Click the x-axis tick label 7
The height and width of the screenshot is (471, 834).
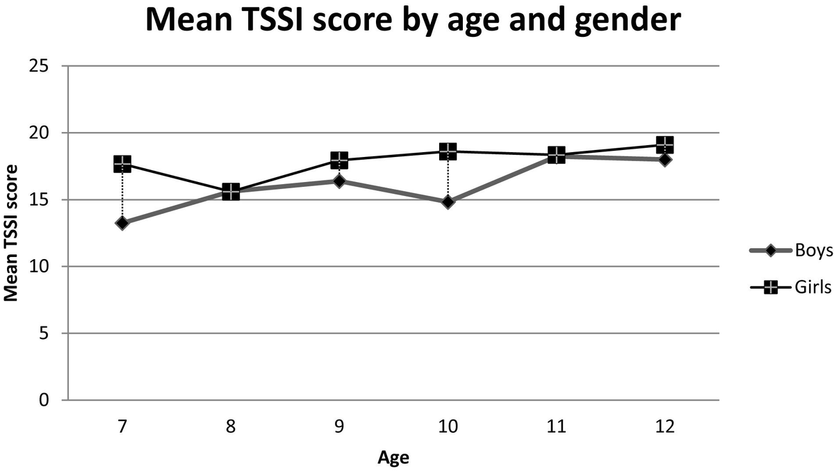tap(122, 427)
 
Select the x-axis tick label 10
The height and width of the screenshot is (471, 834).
tap(448, 427)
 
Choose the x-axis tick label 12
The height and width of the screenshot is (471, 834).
tap(664, 427)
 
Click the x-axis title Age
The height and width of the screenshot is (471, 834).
tap(393, 457)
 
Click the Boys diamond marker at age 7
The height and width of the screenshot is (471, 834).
tap(122, 223)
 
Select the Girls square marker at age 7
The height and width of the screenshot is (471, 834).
tap(122, 164)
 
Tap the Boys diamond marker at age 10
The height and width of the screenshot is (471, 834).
tap(448, 202)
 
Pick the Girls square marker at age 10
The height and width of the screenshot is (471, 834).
tap(448, 151)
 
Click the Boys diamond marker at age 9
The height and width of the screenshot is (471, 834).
tap(339, 181)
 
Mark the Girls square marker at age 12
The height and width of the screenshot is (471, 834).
tap(665, 145)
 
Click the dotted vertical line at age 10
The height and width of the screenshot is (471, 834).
tap(448, 178)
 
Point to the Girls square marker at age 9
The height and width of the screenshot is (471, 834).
tap(339, 160)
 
